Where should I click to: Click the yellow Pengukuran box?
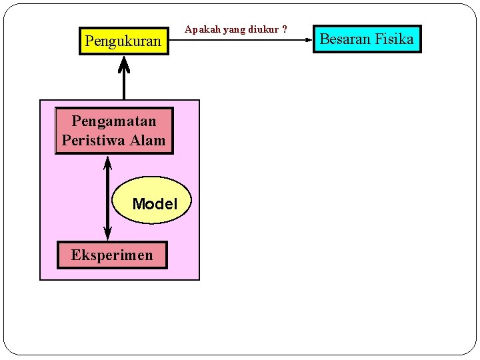123,41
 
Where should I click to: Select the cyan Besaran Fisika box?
367,39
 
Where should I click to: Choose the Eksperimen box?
112,255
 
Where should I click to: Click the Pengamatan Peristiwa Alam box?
113,131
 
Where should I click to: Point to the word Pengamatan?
113,121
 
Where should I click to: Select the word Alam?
149,140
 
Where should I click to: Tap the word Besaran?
345,39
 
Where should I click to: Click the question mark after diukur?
285,29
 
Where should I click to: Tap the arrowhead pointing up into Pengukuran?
124,63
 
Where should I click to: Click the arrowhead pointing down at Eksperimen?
108,233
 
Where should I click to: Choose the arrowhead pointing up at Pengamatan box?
108,162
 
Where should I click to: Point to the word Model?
155,204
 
